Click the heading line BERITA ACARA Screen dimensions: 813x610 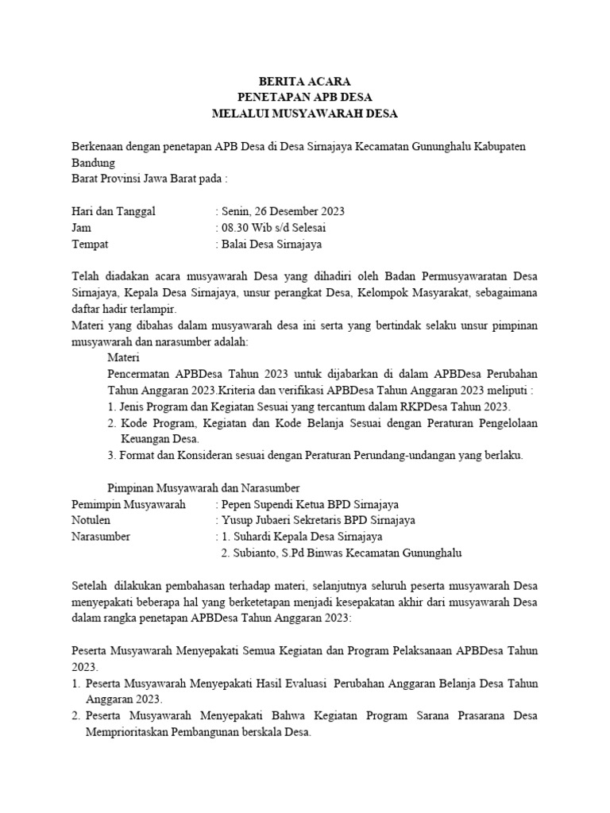[x=304, y=81]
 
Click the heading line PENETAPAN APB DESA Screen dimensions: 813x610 [x=304, y=97]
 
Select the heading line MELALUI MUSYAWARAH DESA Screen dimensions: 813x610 [x=304, y=114]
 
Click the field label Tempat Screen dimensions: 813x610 [x=90, y=245]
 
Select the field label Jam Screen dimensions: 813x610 [x=81, y=228]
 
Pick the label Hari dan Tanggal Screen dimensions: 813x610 [x=114, y=211]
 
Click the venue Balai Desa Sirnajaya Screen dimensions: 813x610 [x=274, y=245]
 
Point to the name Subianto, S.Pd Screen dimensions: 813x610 [x=268, y=553]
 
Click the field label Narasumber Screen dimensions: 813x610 [x=101, y=537]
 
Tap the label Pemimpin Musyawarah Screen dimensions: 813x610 [x=128, y=504]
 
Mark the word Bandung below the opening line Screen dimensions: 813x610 [x=93, y=163]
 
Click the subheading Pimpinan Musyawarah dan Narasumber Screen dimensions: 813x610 [x=203, y=487]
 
